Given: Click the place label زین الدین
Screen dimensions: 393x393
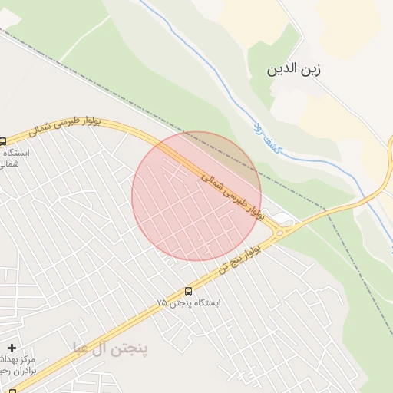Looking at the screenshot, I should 292,70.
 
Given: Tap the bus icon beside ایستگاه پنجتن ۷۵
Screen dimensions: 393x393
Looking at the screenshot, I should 189,291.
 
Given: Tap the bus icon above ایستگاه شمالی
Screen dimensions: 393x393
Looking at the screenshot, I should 2,142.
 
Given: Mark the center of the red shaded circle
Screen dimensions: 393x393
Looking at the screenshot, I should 196,196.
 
